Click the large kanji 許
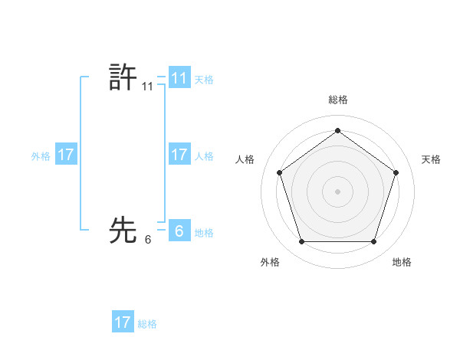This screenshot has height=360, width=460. (123, 78)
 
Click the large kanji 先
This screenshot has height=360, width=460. (123, 229)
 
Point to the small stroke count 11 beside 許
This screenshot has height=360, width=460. (147, 87)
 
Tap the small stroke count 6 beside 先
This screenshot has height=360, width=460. (147, 240)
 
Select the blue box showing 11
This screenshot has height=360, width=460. (179, 78)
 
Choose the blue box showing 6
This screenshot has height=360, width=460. (179, 230)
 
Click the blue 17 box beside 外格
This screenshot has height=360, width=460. (65, 155)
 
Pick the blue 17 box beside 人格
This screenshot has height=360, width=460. (179, 155)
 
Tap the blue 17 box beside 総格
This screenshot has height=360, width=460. (123, 322)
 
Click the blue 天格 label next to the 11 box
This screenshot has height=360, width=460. (204, 79)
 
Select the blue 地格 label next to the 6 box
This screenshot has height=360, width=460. (204, 233)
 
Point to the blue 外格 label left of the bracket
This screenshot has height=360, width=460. (41, 156)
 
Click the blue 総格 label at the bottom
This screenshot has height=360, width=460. (147, 324)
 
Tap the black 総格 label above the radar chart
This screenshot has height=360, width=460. (337, 100)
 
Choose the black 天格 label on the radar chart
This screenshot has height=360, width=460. (431, 159)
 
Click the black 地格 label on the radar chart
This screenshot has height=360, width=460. (402, 262)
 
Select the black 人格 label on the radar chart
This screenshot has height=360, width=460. (245, 159)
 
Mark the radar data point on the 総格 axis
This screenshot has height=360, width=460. (337, 130)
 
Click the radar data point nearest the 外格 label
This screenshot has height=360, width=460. (301, 242)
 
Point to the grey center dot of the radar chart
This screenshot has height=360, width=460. (337, 191)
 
